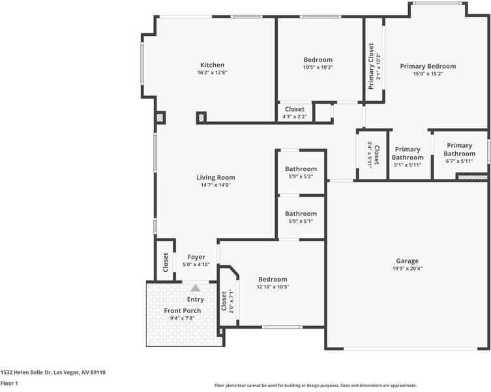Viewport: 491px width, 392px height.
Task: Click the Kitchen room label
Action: click(x=212, y=65)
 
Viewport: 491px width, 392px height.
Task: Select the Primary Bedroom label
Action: click(x=428, y=66)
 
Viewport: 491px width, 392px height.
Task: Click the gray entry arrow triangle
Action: click(x=195, y=287)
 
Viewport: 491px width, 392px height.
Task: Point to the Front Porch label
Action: click(x=183, y=310)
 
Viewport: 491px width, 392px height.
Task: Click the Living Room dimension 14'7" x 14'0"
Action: click(x=216, y=185)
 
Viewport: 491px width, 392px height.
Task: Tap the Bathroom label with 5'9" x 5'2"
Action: click(x=301, y=169)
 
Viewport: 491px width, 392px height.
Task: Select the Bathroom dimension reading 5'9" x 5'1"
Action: click(x=301, y=221)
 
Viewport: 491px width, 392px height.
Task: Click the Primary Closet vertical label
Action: click(x=371, y=61)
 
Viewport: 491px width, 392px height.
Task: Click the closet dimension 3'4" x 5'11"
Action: click(x=370, y=155)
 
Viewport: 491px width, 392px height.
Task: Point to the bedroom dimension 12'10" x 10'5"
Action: click(x=273, y=287)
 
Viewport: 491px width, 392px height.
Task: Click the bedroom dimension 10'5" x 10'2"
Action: click(x=318, y=67)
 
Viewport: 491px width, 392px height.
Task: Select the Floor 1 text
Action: click(x=8, y=384)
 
